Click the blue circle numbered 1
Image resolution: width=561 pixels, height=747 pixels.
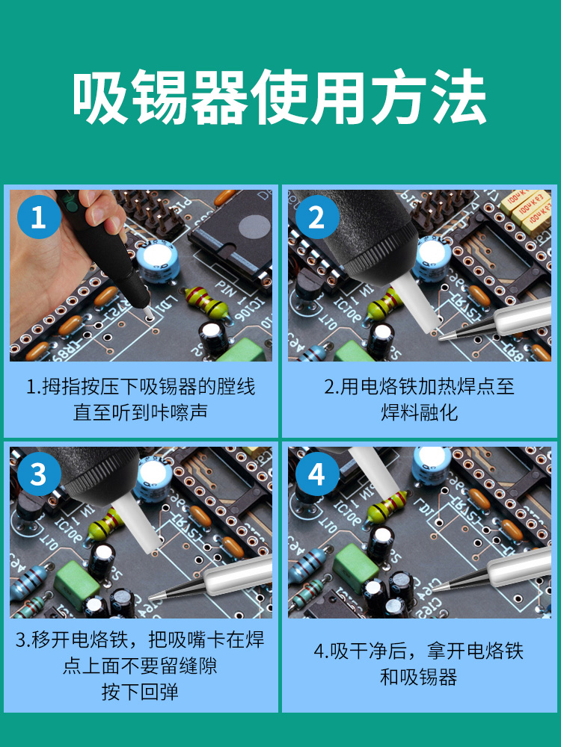[39, 217]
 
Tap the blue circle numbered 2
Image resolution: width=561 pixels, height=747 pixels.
[317, 217]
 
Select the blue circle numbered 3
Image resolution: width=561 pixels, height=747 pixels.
[39, 474]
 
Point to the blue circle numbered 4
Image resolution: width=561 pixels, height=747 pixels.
[317, 474]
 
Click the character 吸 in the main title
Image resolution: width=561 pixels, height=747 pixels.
[100, 98]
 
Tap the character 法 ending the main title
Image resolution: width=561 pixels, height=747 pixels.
[459, 98]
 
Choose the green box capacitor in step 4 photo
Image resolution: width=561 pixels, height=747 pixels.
[355, 567]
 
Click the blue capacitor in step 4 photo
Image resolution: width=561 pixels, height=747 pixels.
[432, 465]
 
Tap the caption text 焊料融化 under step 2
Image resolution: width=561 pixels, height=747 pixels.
[420, 412]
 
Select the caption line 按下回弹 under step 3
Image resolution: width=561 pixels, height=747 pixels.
[140, 692]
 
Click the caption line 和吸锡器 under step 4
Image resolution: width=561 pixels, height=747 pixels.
[418, 677]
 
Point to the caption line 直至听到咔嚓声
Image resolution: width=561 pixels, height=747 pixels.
[141, 412]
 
